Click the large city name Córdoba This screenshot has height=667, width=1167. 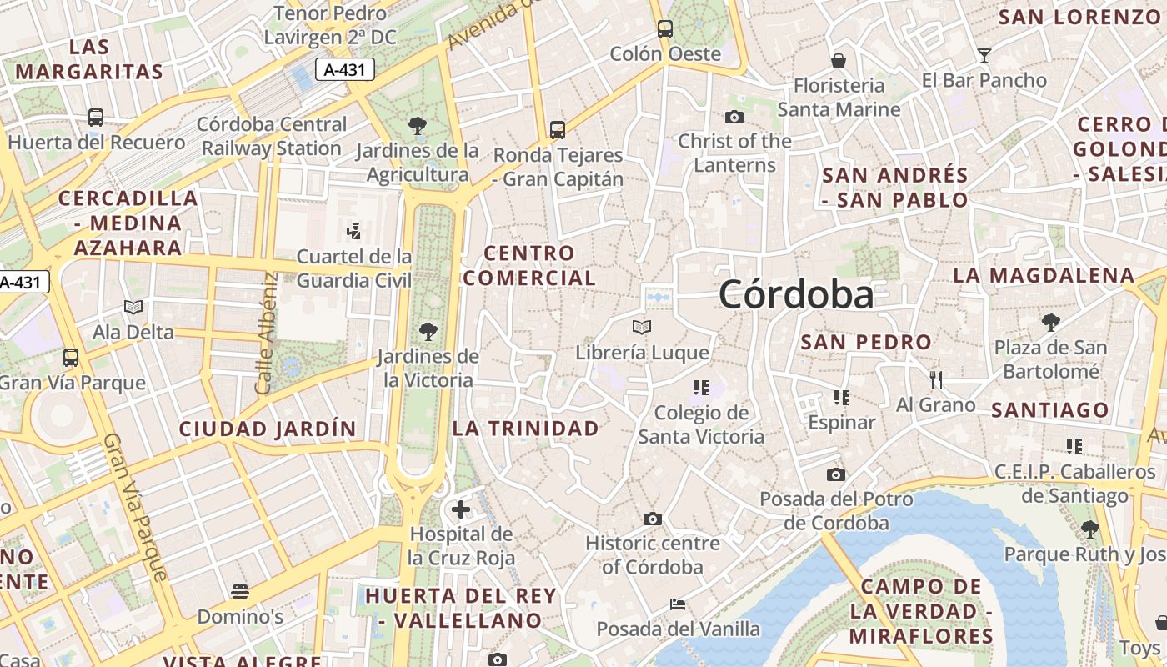pyautogui.click(x=796, y=294)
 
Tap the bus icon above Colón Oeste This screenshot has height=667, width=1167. pyautogui.click(x=664, y=29)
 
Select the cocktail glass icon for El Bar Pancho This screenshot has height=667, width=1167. pyautogui.click(x=984, y=56)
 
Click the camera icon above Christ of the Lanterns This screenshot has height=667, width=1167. pyautogui.click(x=734, y=117)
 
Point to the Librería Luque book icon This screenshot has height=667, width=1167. pyautogui.click(x=641, y=327)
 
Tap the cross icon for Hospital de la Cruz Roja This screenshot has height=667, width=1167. pyautogui.click(x=460, y=509)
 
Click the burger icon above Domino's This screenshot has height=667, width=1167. pyautogui.click(x=240, y=593)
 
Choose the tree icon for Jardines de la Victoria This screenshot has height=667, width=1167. pyautogui.click(x=428, y=332)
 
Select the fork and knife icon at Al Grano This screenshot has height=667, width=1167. pyautogui.click(x=935, y=380)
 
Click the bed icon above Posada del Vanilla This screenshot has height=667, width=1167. pyautogui.click(x=678, y=604)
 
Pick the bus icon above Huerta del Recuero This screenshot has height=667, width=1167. pyautogui.click(x=96, y=118)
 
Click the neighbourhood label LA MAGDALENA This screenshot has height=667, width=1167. pyautogui.click(x=1044, y=275)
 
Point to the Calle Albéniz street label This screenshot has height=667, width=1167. pyautogui.click(x=266, y=333)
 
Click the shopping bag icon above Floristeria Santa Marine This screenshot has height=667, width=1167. pyautogui.click(x=839, y=61)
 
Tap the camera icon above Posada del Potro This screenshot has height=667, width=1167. pyautogui.click(x=835, y=475)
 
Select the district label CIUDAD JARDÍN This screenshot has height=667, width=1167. pyautogui.click(x=268, y=429)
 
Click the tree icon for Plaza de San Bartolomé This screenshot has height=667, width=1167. pyautogui.click(x=1051, y=322)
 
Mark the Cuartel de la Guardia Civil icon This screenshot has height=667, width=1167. pyautogui.click(x=353, y=230)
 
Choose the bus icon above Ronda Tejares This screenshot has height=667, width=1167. pyautogui.click(x=558, y=130)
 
